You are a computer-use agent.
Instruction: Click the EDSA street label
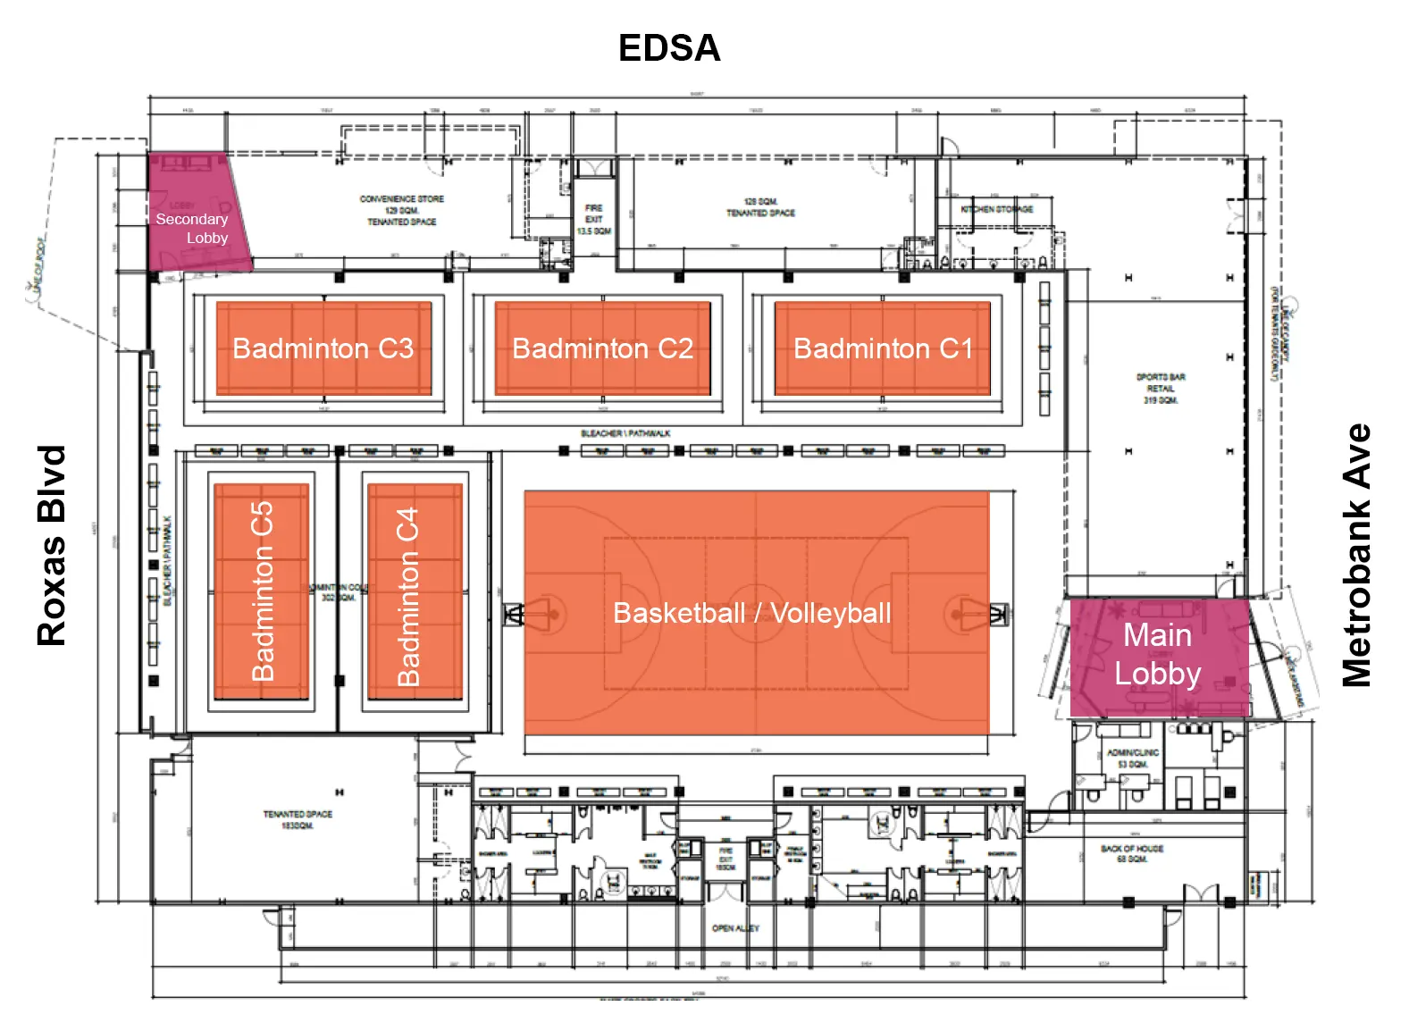tap(669, 48)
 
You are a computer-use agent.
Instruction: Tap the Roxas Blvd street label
tap(52, 545)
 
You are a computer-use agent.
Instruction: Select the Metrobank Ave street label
tap(1356, 555)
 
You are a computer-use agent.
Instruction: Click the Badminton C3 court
tap(323, 348)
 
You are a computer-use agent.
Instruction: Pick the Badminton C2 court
tap(603, 348)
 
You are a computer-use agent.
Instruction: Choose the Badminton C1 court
tap(883, 348)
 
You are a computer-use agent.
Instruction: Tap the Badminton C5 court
tap(262, 591)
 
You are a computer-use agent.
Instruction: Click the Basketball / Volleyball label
tap(752, 613)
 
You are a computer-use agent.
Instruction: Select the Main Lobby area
tap(1158, 655)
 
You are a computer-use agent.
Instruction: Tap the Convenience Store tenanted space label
tap(401, 210)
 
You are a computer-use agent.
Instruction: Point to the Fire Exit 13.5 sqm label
tap(593, 219)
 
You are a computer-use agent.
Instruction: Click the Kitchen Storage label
tap(996, 209)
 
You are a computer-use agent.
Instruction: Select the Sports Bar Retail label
tap(1160, 389)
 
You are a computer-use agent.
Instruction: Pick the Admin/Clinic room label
tap(1132, 759)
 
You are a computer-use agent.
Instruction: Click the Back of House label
tap(1132, 853)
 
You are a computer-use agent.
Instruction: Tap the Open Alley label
tap(735, 928)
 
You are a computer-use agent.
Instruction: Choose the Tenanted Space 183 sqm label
tap(298, 819)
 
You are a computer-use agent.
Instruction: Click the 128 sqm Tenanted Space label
tap(760, 207)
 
